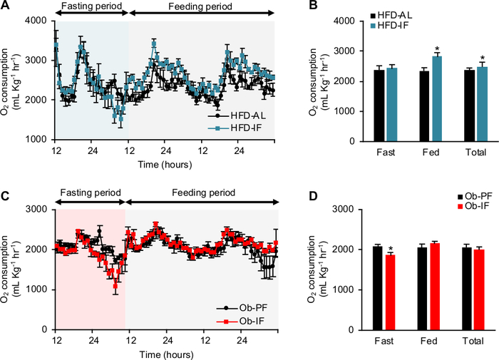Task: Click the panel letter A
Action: click(x=6, y=6)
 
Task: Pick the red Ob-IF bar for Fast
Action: click(x=390, y=292)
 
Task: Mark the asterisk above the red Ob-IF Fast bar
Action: click(x=390, y=250)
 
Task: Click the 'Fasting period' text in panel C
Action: click(x=88, y=195)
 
